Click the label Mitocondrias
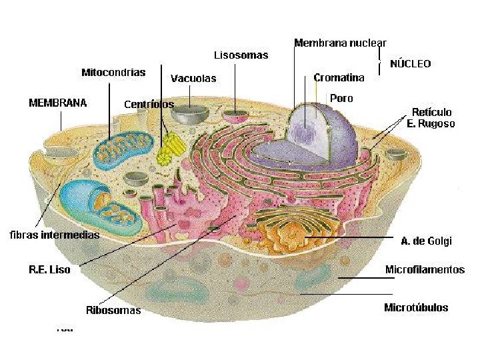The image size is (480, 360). (x=113, y=73)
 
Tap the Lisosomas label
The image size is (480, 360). (x=241, y=55)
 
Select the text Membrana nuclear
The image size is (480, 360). (x=340, y=43)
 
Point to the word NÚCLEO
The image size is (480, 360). (x=410, y=64)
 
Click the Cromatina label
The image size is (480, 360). (x=339, y=78)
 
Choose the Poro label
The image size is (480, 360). (x=341, y=99)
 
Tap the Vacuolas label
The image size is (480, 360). (x=193, y=79)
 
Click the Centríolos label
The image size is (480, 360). (x=149, y=105)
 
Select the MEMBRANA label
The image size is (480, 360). (x=57, y=103)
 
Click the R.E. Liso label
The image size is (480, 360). (x=49, y=270)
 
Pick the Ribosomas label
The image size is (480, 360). (x=113, y=311)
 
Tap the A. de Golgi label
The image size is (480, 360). (x=426, y=241)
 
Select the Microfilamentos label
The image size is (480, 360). (x=425, y=270)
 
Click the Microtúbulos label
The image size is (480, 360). (x=416, y=308)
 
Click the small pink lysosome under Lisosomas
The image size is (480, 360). (x=234, y=117)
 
